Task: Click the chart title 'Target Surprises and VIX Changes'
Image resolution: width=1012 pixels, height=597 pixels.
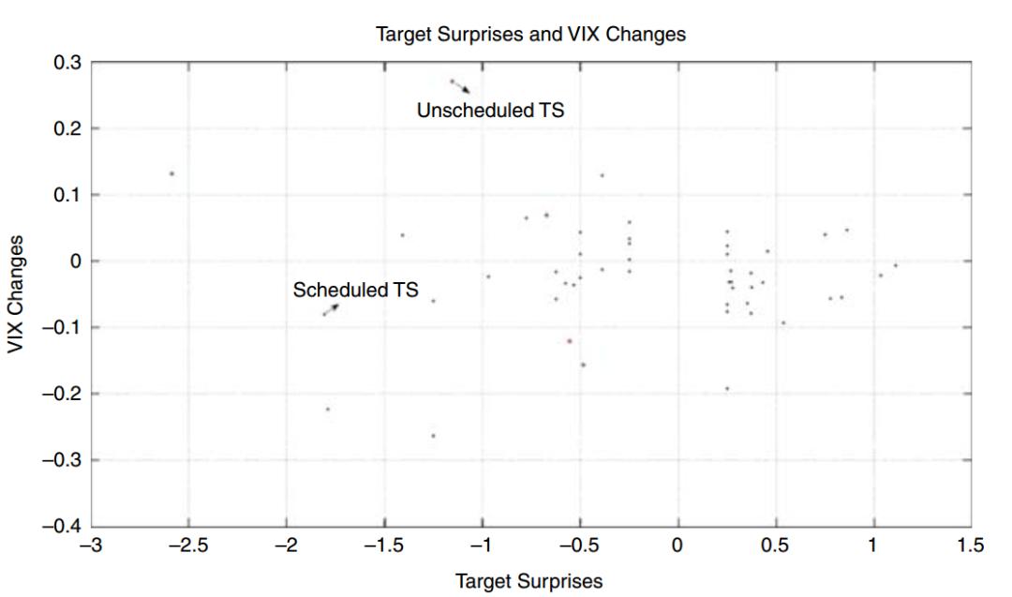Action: (x=530, y=36)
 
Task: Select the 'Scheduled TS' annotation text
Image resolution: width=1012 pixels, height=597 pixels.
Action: (x=355, y=290)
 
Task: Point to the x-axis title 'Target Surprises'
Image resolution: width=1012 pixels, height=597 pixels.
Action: (x=529, y=581)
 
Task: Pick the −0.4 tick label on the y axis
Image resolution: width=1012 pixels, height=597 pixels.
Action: (x=64, y=527)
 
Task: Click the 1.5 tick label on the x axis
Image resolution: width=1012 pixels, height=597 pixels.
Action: (x=971, y=545)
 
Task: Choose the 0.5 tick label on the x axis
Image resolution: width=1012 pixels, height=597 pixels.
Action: (x=775, y=545)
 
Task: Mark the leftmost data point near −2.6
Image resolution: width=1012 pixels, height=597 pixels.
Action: (x=171, y=173)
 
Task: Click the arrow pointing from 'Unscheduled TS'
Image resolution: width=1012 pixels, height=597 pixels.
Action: (x=460, y=86)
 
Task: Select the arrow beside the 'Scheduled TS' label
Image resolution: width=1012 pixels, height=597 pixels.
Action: (x=329, y=308)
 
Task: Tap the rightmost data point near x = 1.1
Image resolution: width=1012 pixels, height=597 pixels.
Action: (x=896, y=265)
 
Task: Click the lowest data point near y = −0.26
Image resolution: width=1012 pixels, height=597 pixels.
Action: (x=433, y=436)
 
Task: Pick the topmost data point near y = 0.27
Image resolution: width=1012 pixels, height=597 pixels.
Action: (x=451, y=82)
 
